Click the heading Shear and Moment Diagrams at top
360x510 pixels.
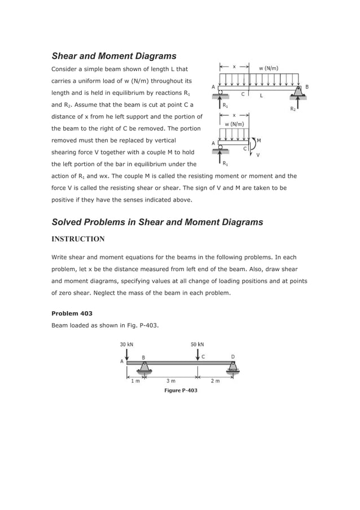click(114, 56)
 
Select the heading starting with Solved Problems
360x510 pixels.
click(157, 222)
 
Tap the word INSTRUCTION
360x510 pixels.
click(78, 239)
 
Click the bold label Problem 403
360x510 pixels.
click(72, 313)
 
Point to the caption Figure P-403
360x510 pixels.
click(181, 390)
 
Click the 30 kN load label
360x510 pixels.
click(127, 343)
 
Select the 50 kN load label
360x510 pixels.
click(197, 343)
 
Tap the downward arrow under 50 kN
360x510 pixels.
click(197, 354)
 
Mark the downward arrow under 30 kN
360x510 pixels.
click(127, 354)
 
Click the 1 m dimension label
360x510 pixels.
click(135, 381)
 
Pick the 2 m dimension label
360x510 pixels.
click(215, 381)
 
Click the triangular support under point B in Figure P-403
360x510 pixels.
click(144, 368)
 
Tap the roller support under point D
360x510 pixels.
click(232, 368)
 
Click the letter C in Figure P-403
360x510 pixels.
click(203, 356)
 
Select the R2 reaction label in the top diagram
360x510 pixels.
click(293, 108)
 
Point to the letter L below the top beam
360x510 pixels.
click(261, 95)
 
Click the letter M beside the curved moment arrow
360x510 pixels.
click(258, 140)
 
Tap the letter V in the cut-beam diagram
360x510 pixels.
click(258, 154)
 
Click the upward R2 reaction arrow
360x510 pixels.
click(299, 101)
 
